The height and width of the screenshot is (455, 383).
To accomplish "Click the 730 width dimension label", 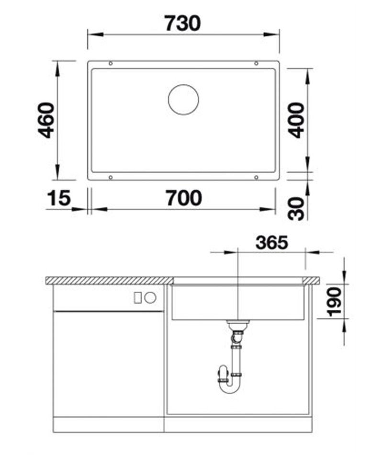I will click(x=182, y=23).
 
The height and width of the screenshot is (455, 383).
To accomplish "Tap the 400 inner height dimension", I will click(x=297, y=120).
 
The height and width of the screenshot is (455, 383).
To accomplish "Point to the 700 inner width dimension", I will click(x=184, y=198).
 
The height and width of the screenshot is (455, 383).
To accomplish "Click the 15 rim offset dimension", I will click(x=59, y=198).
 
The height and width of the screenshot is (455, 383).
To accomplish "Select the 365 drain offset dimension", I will click(x=271, y=243).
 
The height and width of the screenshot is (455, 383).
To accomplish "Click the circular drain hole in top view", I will click(x=183, y=100).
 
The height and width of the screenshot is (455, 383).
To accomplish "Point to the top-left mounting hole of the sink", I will click(x=111, y=63).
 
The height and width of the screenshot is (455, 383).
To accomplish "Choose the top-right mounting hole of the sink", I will click(x=256, y=63).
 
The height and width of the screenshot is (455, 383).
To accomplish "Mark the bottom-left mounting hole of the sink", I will click(x=111, y=177).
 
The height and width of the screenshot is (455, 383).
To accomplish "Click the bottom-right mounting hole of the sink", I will click(x=256, y=177).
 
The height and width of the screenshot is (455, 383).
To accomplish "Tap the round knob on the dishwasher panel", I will click(x=150, y=297).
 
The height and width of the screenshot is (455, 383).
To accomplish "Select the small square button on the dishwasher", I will click(x=137, y=297).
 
